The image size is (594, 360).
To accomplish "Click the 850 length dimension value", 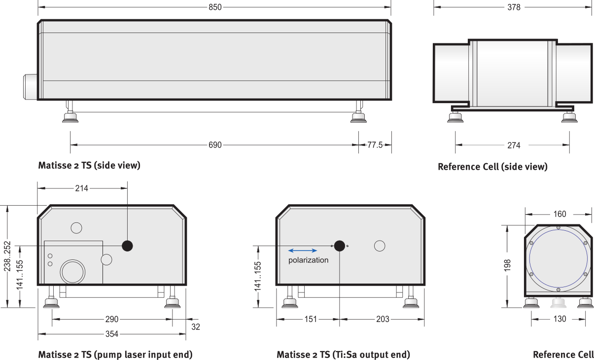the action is tap(215, 7).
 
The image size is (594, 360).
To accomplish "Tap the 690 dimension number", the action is tap(215, 145).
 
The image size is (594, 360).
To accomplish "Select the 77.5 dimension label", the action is tap(375, 145).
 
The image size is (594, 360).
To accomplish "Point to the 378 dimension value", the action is tap(514, 7).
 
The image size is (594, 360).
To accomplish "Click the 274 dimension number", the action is tap(514, 145).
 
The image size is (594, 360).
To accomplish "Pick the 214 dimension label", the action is tap(81, 188).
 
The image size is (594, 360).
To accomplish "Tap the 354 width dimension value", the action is tap(111, 334).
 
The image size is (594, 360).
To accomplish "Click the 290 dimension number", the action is tap(111, 319).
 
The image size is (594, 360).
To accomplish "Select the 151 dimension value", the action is tap(311, 319).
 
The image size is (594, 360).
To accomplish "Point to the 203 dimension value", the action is tap(383, 319).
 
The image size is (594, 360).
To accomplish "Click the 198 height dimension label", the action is tap(507, 265).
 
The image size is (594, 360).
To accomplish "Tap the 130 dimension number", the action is tap(559, 319).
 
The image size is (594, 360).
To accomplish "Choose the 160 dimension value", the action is tap(559, 214).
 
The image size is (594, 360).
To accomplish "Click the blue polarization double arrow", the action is tap(303, 251).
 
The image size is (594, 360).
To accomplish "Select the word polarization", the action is tap(309, 260).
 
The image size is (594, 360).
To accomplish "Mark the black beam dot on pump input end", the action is tap(127, 246).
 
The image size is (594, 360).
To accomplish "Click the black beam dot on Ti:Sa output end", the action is tap(340, 246).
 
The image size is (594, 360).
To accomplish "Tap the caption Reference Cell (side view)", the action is tap(492, 167).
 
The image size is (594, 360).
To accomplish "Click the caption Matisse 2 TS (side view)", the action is tap(89, 165).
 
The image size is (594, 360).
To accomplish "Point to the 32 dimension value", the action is tap(195, 327).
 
